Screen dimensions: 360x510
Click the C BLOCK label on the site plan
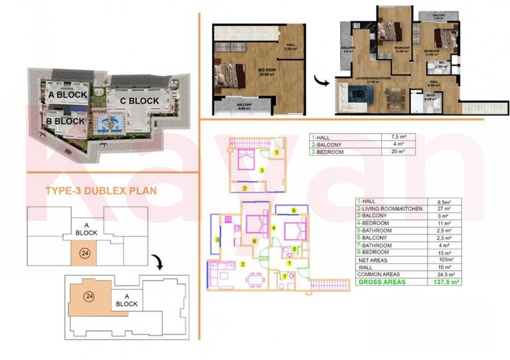tap(139, 101)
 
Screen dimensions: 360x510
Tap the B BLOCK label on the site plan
tap(65, 121)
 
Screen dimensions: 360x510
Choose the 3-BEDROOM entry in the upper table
tap(331, 151)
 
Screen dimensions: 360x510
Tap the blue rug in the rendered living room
tap(358, 94)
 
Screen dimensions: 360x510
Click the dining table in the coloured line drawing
tap(253, 278)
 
